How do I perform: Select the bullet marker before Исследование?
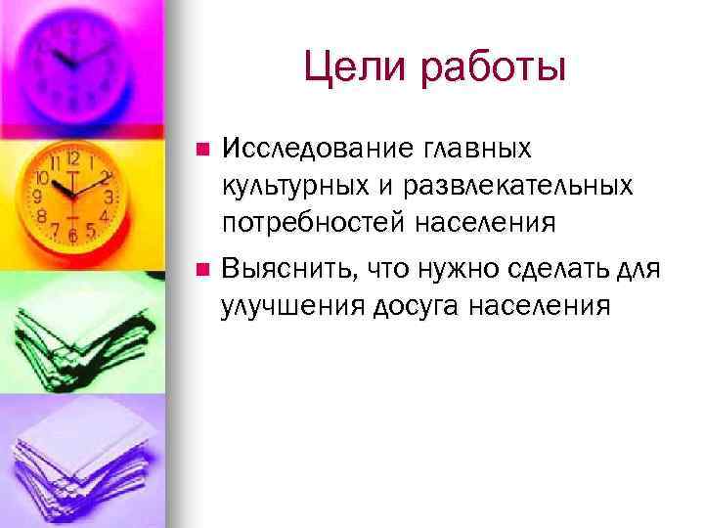coord(201,151)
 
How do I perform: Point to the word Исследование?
coord(319,150)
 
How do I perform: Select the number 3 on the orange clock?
coord(110,197)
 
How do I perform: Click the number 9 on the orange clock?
coord(38,197)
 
